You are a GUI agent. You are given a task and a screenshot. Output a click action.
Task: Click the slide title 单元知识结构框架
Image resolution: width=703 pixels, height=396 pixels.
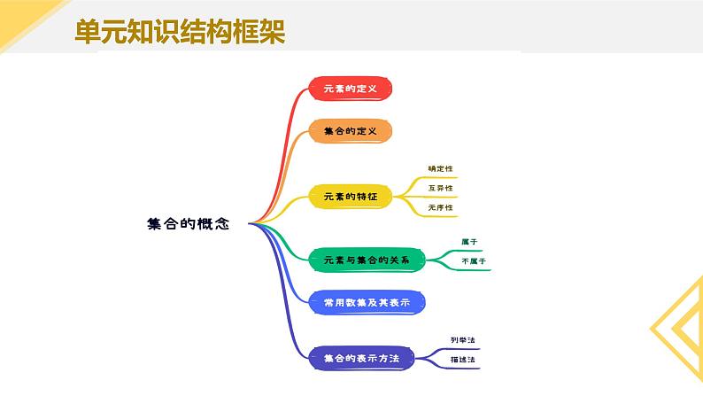click(x=179, y=33)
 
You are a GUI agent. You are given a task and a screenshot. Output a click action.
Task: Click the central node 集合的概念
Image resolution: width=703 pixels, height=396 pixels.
click(x=188, y=224)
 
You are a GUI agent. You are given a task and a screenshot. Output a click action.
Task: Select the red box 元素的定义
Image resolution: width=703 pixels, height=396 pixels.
click(x=350, y=89)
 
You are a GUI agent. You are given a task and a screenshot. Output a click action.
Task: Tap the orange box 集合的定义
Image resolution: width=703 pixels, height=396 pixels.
click(x=350, y=132)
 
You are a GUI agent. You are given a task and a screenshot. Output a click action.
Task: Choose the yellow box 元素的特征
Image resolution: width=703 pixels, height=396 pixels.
click(x=350, y=197)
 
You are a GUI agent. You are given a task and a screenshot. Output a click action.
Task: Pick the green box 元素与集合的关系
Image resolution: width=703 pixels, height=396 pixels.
click(x=367, y=260)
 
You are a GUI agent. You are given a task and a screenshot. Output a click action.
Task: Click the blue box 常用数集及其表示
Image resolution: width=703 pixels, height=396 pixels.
click(x=367, y=303)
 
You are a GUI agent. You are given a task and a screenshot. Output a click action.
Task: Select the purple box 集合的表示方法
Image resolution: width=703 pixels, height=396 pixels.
click(x=361, y=359)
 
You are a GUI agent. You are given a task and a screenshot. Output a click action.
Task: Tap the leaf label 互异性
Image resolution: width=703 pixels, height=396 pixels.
click(x=440, y=188)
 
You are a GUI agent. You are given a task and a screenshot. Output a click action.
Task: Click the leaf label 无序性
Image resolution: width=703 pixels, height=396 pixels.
click(x=440, y=207)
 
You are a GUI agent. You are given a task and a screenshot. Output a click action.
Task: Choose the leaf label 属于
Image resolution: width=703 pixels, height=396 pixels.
click(x=469, y=242)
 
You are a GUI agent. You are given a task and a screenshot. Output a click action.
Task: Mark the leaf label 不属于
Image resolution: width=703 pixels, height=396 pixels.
click(x=474, y=262)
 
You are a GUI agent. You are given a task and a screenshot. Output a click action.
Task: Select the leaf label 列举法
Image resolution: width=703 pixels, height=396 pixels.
click(x=463, y=340)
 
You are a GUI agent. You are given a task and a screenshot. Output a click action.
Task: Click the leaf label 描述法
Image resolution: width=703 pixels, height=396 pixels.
click(x=463, y=360)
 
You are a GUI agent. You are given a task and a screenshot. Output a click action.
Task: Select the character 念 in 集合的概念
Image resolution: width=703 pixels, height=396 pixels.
click(x=221, y=224)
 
